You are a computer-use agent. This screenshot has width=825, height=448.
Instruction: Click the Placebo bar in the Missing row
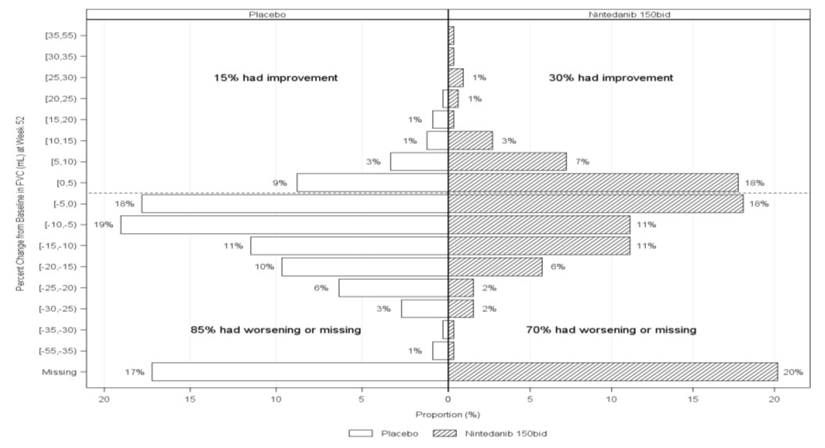pyautogui.click(x=299, y=372)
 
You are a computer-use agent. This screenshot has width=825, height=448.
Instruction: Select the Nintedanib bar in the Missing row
pyautogui.click(x=612, y=372)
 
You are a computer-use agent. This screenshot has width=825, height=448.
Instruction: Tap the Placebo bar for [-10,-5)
pyautogui.click(x=284, y=224)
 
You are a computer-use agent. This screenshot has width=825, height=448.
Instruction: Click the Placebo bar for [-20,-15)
pyautogui.click(x=364, y=267)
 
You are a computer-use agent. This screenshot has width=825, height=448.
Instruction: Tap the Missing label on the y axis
pyautogui.click(x=61, y=372)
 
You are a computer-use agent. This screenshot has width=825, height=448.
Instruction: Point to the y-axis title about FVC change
pyautogui.click(x=21, y=203)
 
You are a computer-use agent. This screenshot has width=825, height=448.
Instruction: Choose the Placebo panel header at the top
pyautogui.click(x=266, y=14)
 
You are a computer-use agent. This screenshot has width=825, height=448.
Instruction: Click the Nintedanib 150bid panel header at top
pyautogui.click(x=629, y=14)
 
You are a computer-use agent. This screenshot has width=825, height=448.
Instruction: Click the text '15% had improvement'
pyautogui.click(x=276, y=78)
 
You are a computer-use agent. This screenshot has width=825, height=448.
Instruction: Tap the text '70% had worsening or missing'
pyautogui.click(x=611, y=330)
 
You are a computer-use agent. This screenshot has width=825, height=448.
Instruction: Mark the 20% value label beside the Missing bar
pyautogui.click(x=793, y=372)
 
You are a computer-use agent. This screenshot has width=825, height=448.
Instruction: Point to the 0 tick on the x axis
pyautogui.click(x=448, y=399)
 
